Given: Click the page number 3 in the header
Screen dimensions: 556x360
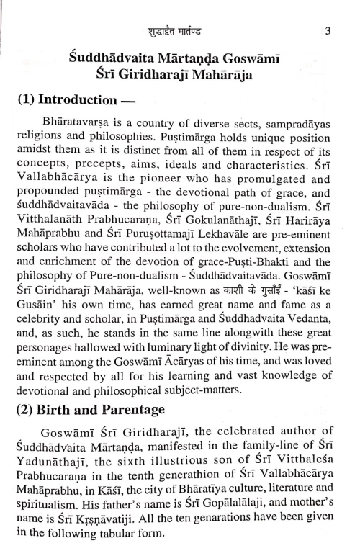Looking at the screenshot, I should pyautogui.click(x=326, y=30).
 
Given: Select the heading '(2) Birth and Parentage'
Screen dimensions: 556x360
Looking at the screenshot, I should pyautogui.click(x=106, y=410).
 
